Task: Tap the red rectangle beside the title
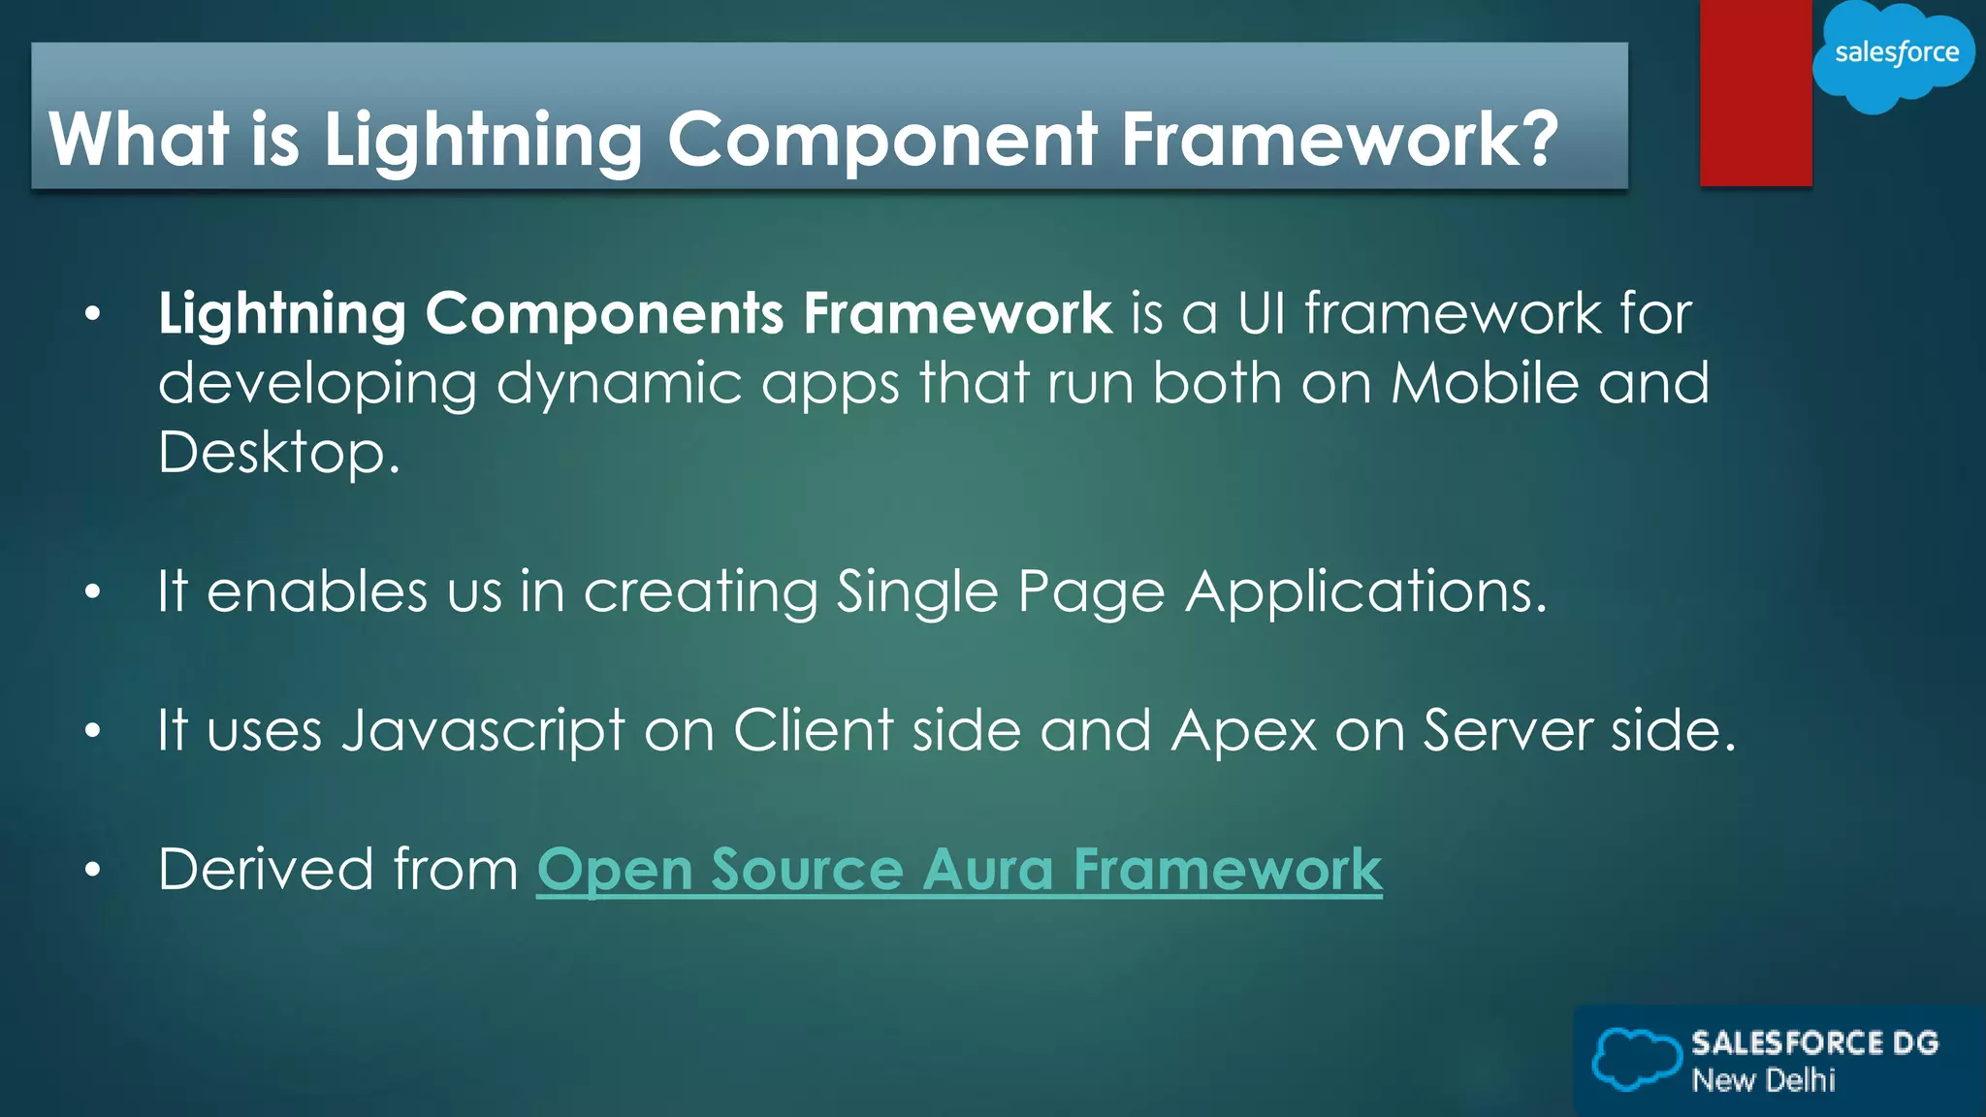coord(1755,93)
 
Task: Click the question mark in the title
coord(1534,138)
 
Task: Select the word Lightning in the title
coord(482,140)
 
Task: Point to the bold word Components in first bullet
coord(604,314)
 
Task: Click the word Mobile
coord(1485,383)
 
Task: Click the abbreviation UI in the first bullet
coord(1262,314)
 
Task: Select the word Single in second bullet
coord(916,591)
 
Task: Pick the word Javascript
coord(483,731)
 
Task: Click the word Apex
coord(1243,730)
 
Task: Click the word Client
coord(813,730)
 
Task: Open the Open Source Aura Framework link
coord(959,870)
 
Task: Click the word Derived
coord(266,870)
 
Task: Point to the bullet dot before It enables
coord(92,592)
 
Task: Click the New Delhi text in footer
coord(1763,1080)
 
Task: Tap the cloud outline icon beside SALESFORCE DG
coord(1636,1059)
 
